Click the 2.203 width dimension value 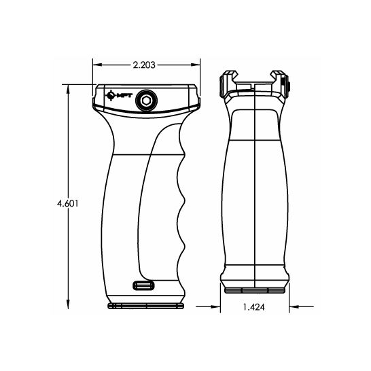coord(147,65)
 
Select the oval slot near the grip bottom coord(143,285)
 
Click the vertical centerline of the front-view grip coord(254,190)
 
